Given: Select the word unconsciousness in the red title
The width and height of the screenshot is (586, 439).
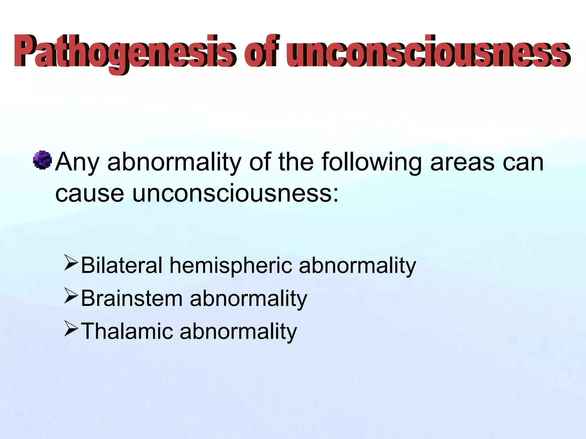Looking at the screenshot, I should pyautogui.click(x=428, y=51).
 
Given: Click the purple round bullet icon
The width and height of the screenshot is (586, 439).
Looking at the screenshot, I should pyautogui.click(x=42, y=160).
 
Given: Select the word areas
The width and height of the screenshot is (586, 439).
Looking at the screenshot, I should pyautogui.click(x=462, y=162).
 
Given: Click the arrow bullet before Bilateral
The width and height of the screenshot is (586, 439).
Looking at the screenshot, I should pyautogui.click(x=71, y=263).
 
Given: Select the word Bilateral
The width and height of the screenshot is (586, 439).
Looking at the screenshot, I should pyautogui.click(x=122, y=266).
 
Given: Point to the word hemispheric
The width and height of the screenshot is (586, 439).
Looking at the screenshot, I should pyautogui.click(x=231, y=266).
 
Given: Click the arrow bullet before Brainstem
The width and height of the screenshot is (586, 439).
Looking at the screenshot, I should pyautogui.click(x=71, y=296).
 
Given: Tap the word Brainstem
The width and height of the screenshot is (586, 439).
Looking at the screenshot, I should pyautogui.click(x=132, y=298).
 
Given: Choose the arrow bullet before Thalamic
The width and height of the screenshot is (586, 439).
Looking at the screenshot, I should pyautogui.click(x=71, y=329).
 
